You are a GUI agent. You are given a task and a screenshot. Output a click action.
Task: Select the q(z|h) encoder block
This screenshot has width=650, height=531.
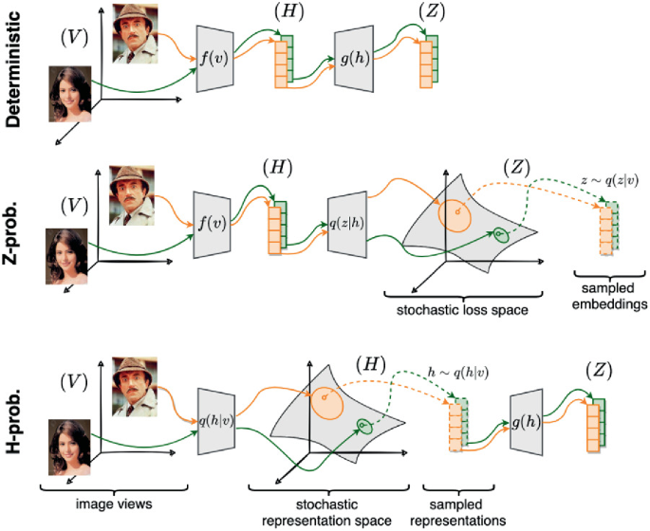click(x=346, y=227)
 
